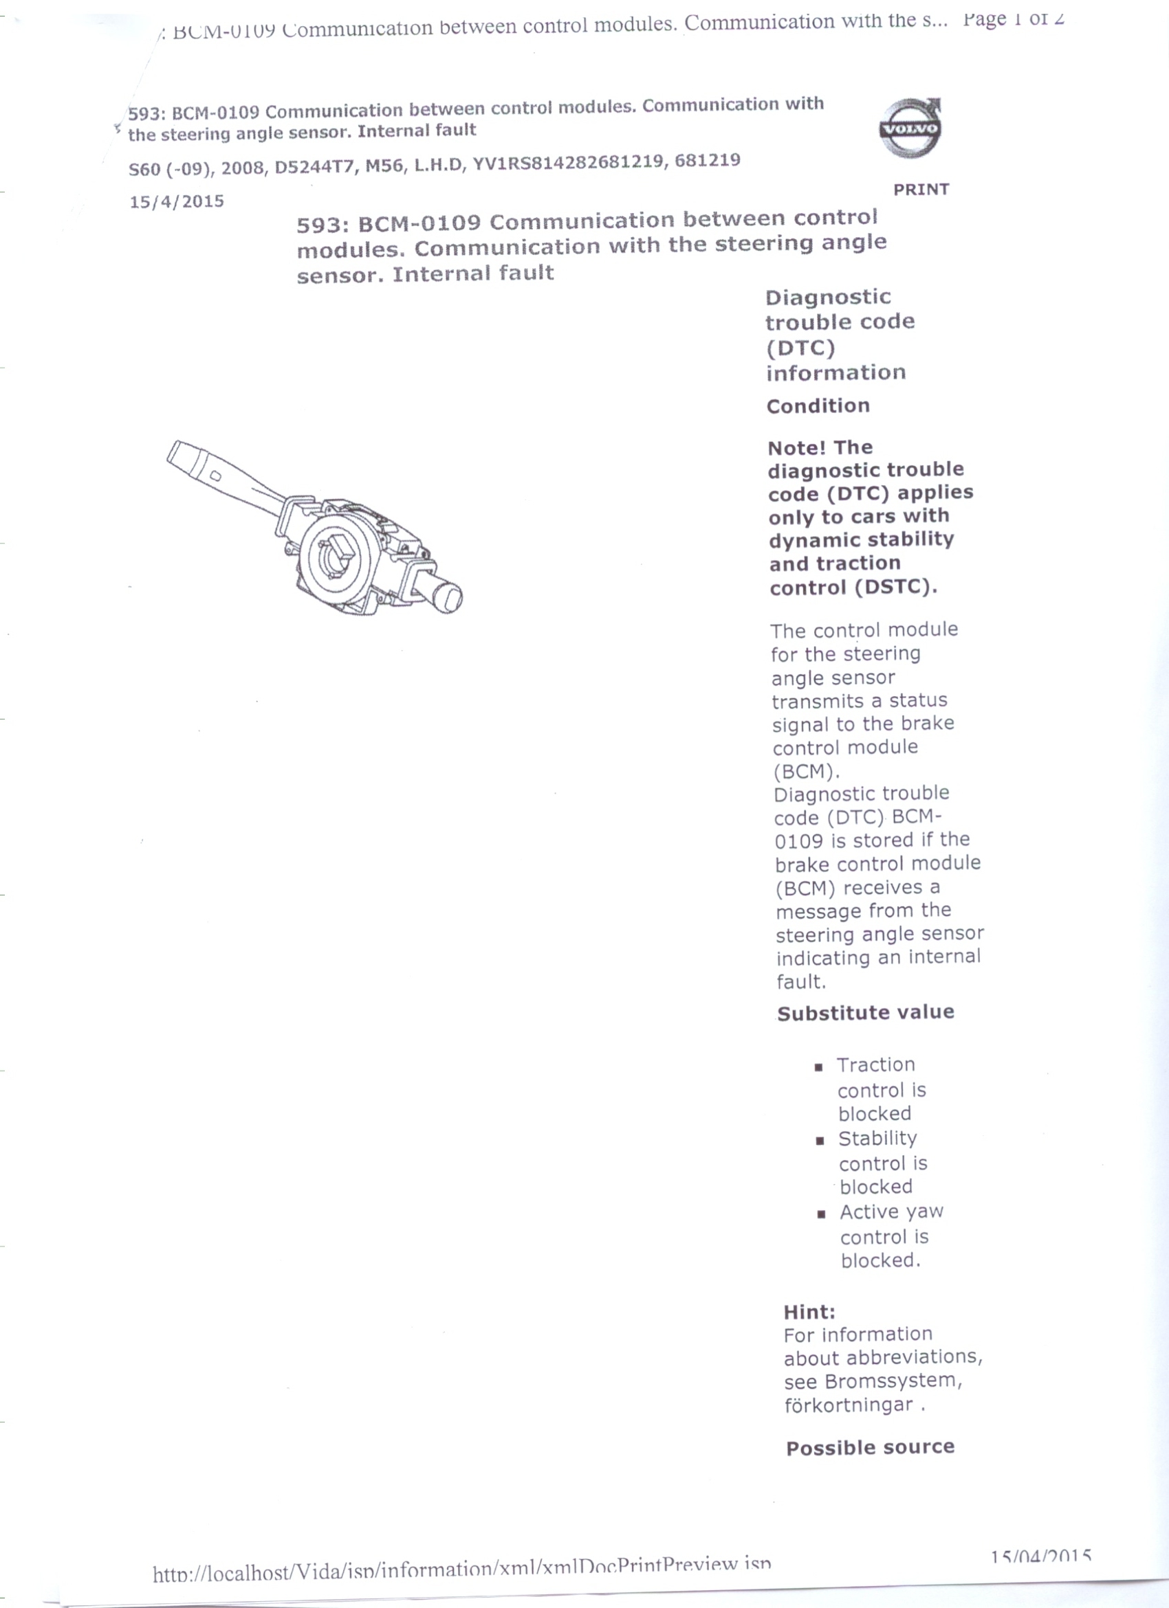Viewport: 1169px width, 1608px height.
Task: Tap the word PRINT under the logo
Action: (921, 189)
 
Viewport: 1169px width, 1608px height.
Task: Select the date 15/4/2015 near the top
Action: (177, 202)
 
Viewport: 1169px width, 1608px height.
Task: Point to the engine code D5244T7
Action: (315, 166)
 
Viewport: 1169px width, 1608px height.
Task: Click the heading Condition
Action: (818, 406)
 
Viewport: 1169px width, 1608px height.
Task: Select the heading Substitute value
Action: (865, 1012)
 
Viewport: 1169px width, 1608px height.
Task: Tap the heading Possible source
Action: (871, 1447)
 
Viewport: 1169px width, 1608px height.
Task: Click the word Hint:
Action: (809, 1312)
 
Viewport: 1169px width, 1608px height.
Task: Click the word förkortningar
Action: (849, 1405)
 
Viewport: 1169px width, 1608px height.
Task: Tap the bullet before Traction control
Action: (818, 1067)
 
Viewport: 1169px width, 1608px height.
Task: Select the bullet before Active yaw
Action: (822, 1214)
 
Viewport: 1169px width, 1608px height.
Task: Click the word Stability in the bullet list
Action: (877, 1139)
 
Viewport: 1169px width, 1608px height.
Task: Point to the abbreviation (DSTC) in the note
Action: (896, 587)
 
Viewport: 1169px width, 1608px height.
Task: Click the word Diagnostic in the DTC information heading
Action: (828, 297)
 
